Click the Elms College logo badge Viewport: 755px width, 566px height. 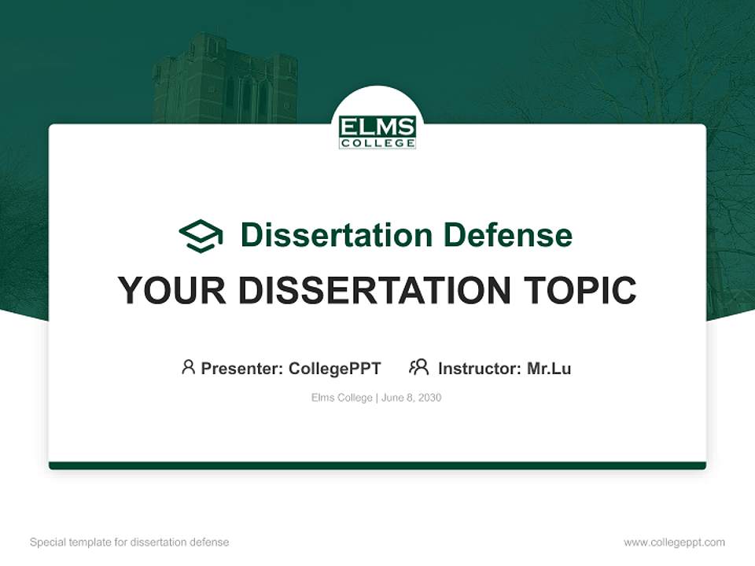(x=377, y=132)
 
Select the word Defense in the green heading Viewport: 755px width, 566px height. (x=507, y=235)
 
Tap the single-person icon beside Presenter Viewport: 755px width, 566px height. (x=188, y=367)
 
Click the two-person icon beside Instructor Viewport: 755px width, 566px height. (x=419, y=367)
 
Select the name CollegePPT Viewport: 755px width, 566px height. (x=334, y=368)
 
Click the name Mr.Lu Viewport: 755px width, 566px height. (x=549, y=368)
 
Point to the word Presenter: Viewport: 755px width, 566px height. (x=242, y=368)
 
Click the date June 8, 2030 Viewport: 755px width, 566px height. (x=411, y=398)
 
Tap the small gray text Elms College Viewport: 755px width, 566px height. (x=341, y=398)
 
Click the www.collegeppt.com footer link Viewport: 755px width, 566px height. (x=674, y=542)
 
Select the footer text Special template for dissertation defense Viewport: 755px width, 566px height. (x=130, y=542)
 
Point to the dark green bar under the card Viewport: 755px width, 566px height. (x=377, y=465)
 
